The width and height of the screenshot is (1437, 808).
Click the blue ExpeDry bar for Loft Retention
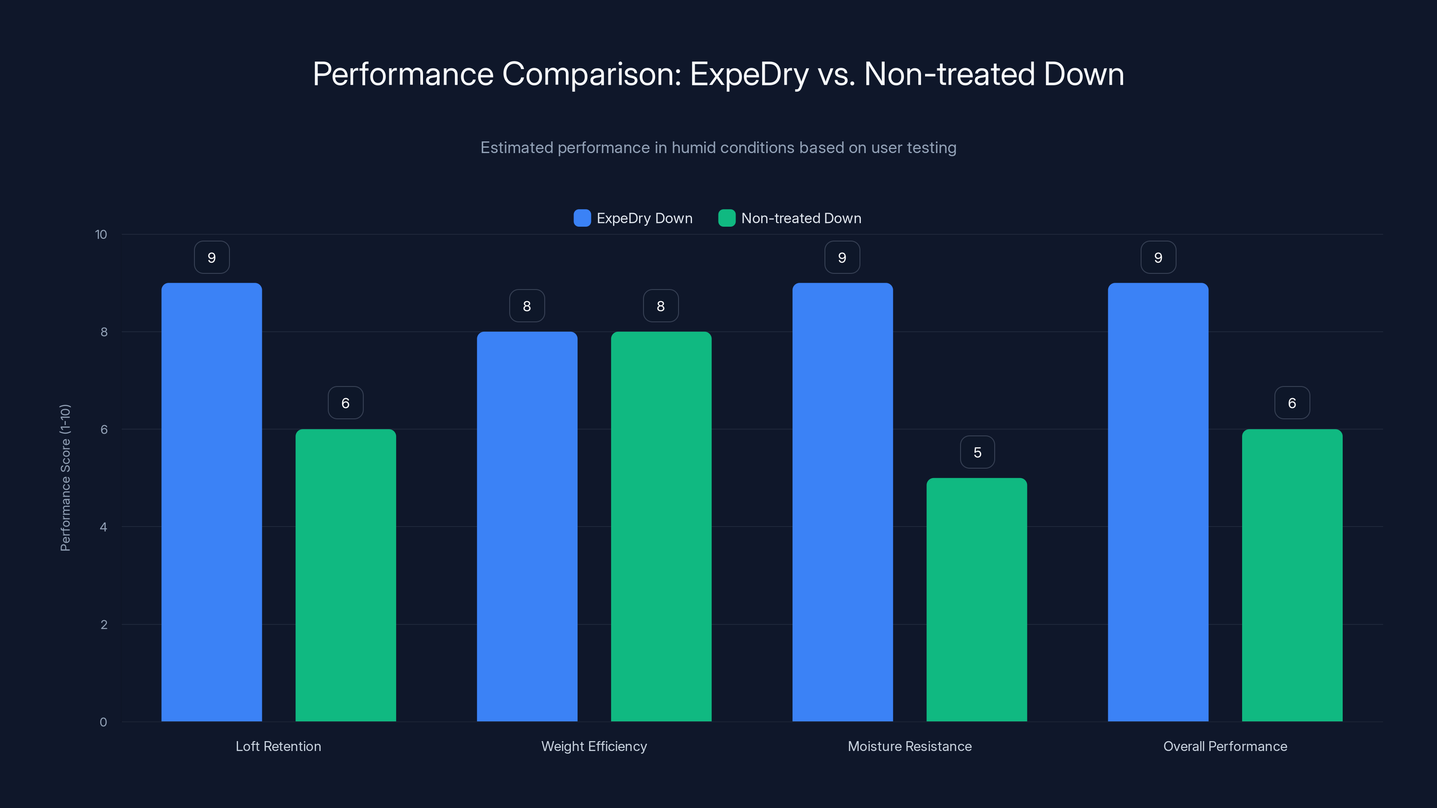[212, 502]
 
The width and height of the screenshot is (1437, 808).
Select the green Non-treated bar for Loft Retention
[345, 575]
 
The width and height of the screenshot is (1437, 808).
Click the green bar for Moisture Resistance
[976, 599]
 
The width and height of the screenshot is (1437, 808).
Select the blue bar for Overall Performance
[1158, 502]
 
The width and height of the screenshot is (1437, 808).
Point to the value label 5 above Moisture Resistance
[977, 452]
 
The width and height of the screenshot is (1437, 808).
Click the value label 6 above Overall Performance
[1292, 403]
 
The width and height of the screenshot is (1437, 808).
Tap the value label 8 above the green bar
[661, 306]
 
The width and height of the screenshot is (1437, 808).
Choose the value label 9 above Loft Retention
[212, 257]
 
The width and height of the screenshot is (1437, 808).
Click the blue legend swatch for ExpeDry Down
[582, 218]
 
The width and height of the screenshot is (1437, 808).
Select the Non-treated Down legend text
[801, 218]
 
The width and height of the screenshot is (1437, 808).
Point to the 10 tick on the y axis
[101, 234]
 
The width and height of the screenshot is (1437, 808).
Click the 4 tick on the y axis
[103, 527]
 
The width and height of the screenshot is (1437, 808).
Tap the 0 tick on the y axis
[103, 722]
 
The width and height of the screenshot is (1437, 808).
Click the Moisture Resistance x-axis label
[909, 746]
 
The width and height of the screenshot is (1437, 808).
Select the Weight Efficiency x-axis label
[594, 746]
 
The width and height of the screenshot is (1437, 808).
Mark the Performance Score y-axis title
[65, 478]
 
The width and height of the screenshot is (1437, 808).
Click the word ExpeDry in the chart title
[749, 74]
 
